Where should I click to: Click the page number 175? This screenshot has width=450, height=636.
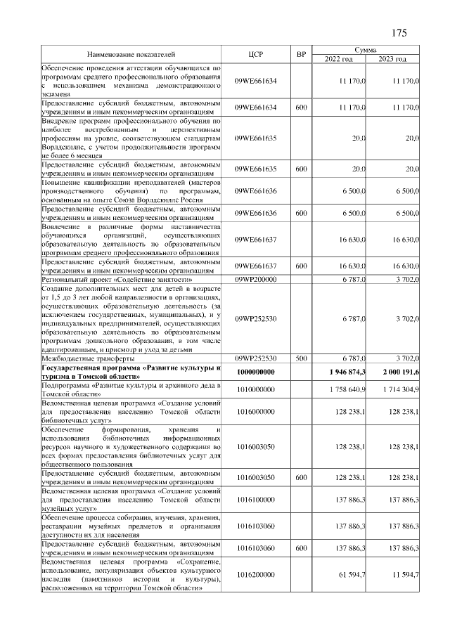click(399, 33)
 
